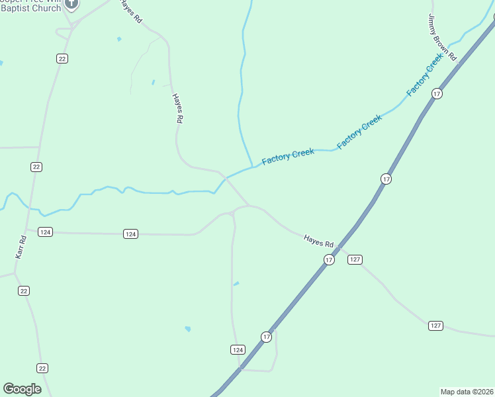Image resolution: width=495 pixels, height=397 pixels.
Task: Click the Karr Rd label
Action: point(22,247)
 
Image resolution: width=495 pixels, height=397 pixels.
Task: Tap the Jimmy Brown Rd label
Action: point(443,38)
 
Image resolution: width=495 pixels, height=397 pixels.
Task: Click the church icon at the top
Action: point(72,4)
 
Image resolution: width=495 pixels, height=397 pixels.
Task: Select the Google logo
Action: point(22,389)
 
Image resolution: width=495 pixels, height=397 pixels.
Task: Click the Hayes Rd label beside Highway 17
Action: point(319,241)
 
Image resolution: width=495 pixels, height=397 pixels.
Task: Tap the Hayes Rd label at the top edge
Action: point(131,12)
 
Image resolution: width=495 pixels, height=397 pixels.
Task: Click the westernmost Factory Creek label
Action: point(288,157)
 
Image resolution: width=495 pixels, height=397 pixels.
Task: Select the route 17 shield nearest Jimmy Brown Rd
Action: point(437,94)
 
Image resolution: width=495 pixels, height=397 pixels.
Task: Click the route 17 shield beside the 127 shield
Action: point(329,260)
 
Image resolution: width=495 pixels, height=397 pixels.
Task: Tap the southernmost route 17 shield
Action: point(266,337)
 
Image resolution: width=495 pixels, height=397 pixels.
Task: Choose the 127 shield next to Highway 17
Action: point(355,259)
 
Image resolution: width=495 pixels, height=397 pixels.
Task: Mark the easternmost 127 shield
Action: point(435,326)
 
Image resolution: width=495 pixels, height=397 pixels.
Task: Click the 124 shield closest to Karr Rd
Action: point(45,232)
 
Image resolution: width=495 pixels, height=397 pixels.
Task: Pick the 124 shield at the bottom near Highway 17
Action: point(238,349)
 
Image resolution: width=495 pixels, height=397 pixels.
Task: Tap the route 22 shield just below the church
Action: point(62,58)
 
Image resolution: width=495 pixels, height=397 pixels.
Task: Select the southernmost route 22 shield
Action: point(42,368)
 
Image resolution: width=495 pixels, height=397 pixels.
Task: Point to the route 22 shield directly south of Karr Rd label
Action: point(24,290)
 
